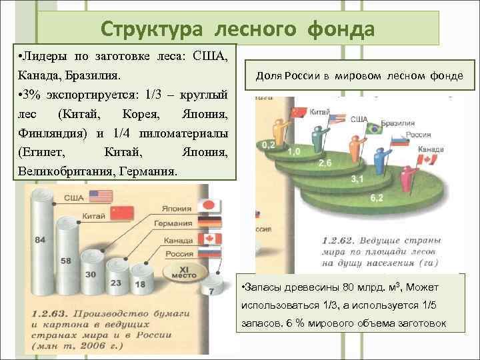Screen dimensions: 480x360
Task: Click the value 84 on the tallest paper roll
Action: [x=41, y=239]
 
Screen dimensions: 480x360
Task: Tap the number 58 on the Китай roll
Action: [x=66, y=261]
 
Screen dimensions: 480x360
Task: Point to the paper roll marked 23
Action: [x=115, y=282]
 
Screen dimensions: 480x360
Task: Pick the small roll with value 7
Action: [x=211, y=291]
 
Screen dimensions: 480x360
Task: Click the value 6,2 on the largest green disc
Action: [x=376, y=198]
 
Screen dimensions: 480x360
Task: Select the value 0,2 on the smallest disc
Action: [x=269, y=144]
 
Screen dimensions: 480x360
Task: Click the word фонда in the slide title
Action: [x=341, y=29]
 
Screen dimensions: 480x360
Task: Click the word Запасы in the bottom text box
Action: [x=261, y=287]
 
